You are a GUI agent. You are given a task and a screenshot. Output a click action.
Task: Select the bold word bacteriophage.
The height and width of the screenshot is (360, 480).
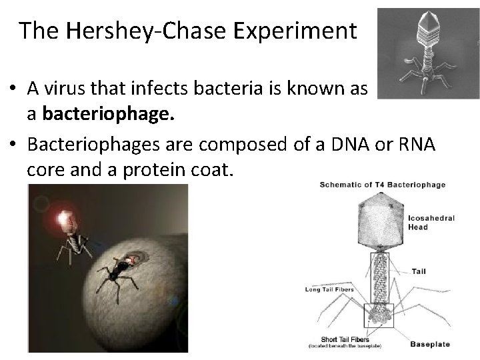pos(108,114)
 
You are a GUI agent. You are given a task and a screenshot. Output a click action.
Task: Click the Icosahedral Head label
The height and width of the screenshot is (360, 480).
pos(427,221)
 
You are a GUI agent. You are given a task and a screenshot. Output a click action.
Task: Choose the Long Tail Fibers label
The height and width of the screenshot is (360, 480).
pos(327,288)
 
